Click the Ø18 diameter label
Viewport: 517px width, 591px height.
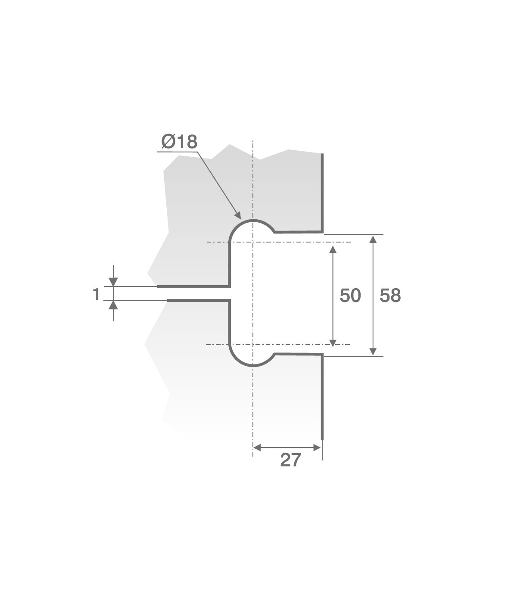(x=179, y=141)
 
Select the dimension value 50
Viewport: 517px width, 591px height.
(x=350, y=295)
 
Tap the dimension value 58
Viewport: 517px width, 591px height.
(x=390, y=295)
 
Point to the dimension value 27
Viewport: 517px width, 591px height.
(x=290, y=460)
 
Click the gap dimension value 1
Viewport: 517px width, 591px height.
(x=96, y=294)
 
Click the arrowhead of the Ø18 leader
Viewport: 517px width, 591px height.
(x=237, y=215)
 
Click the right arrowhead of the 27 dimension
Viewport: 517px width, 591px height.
(x=318, y=448)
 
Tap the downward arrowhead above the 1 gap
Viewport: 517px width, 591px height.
(x=113, y=282)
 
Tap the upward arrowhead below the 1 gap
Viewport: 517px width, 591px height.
(x=113, y=305)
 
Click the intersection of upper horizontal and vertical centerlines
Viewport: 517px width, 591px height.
(x=253, y=242)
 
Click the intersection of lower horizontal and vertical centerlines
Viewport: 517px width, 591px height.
(x=253, y=345)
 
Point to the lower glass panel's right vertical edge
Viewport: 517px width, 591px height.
(x=322, y=396)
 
